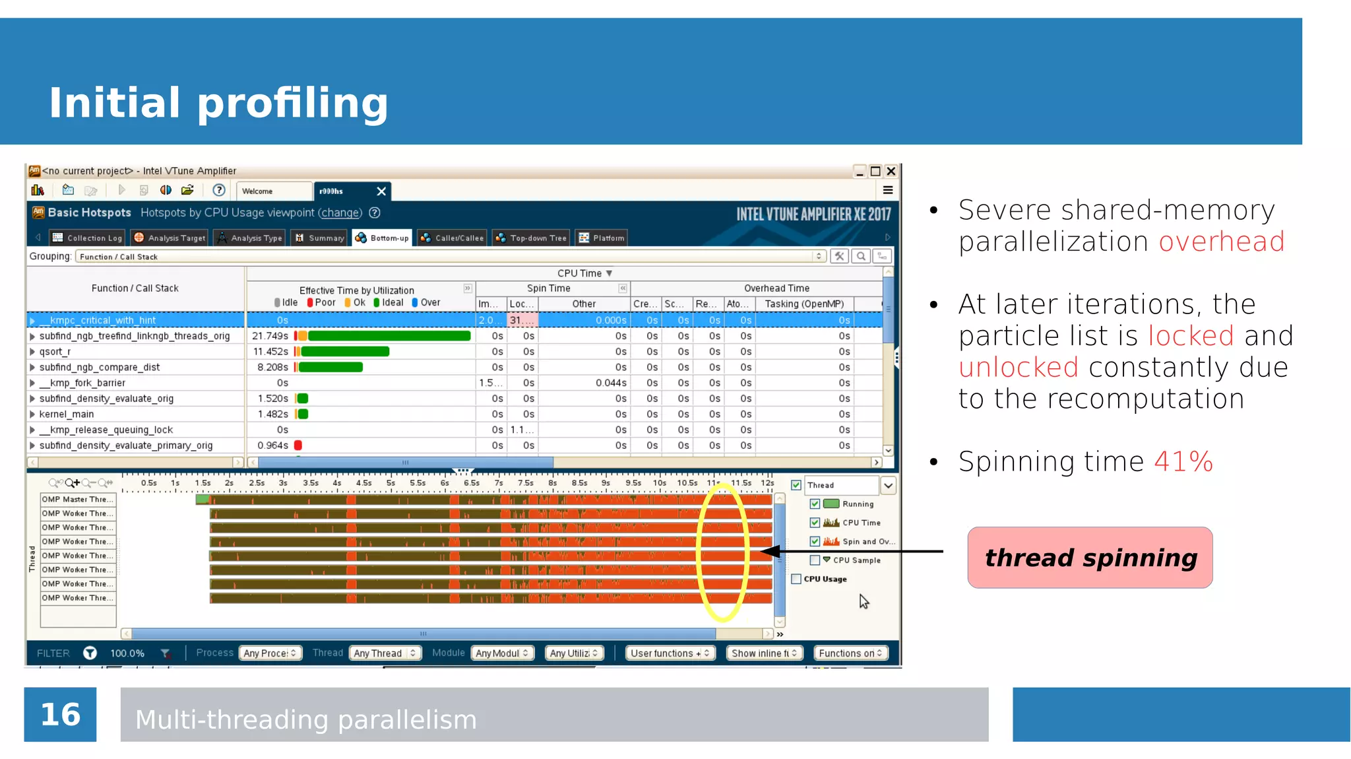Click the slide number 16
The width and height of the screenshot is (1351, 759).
60,715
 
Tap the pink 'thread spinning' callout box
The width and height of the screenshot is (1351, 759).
1090,558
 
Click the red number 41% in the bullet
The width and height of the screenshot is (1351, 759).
1183,461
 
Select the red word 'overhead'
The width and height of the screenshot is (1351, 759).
1222,242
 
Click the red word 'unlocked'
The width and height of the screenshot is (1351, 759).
1019,367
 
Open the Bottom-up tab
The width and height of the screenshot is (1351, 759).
383,238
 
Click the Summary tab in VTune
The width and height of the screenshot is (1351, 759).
320,238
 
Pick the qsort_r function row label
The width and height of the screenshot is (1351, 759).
55,352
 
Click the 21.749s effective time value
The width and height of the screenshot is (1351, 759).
270,336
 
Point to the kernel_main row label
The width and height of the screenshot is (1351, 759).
67,414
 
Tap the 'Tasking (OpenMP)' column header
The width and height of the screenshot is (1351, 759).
804,304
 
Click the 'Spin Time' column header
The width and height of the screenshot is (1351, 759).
548,288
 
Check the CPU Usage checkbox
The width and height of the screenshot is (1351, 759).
796,579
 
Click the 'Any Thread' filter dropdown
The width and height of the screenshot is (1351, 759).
385,653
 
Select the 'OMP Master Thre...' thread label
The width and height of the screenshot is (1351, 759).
77,500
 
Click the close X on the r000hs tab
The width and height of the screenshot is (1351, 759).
381,191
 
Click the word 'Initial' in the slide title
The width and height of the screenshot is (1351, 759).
114,103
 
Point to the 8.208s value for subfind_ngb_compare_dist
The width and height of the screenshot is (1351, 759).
272,368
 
